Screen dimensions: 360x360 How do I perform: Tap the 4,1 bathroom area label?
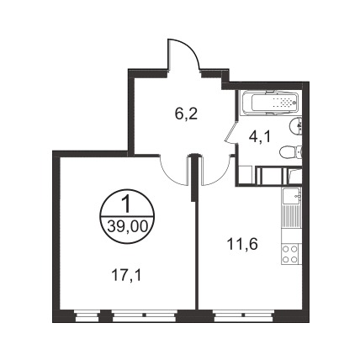(260, 137)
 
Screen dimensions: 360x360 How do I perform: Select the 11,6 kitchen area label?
(242, 245)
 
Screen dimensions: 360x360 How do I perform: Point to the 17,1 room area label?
(126, 276)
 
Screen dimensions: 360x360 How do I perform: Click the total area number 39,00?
(127, 226)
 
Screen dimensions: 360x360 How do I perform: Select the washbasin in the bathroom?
(295, 128)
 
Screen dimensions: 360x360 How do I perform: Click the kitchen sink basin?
(291, 196)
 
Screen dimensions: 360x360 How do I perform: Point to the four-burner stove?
(290, 254)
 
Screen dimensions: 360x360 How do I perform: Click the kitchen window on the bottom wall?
(243, 315)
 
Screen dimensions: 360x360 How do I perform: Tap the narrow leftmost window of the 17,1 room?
(87, 315)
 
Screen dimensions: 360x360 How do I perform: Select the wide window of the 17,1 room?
(144, 315)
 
